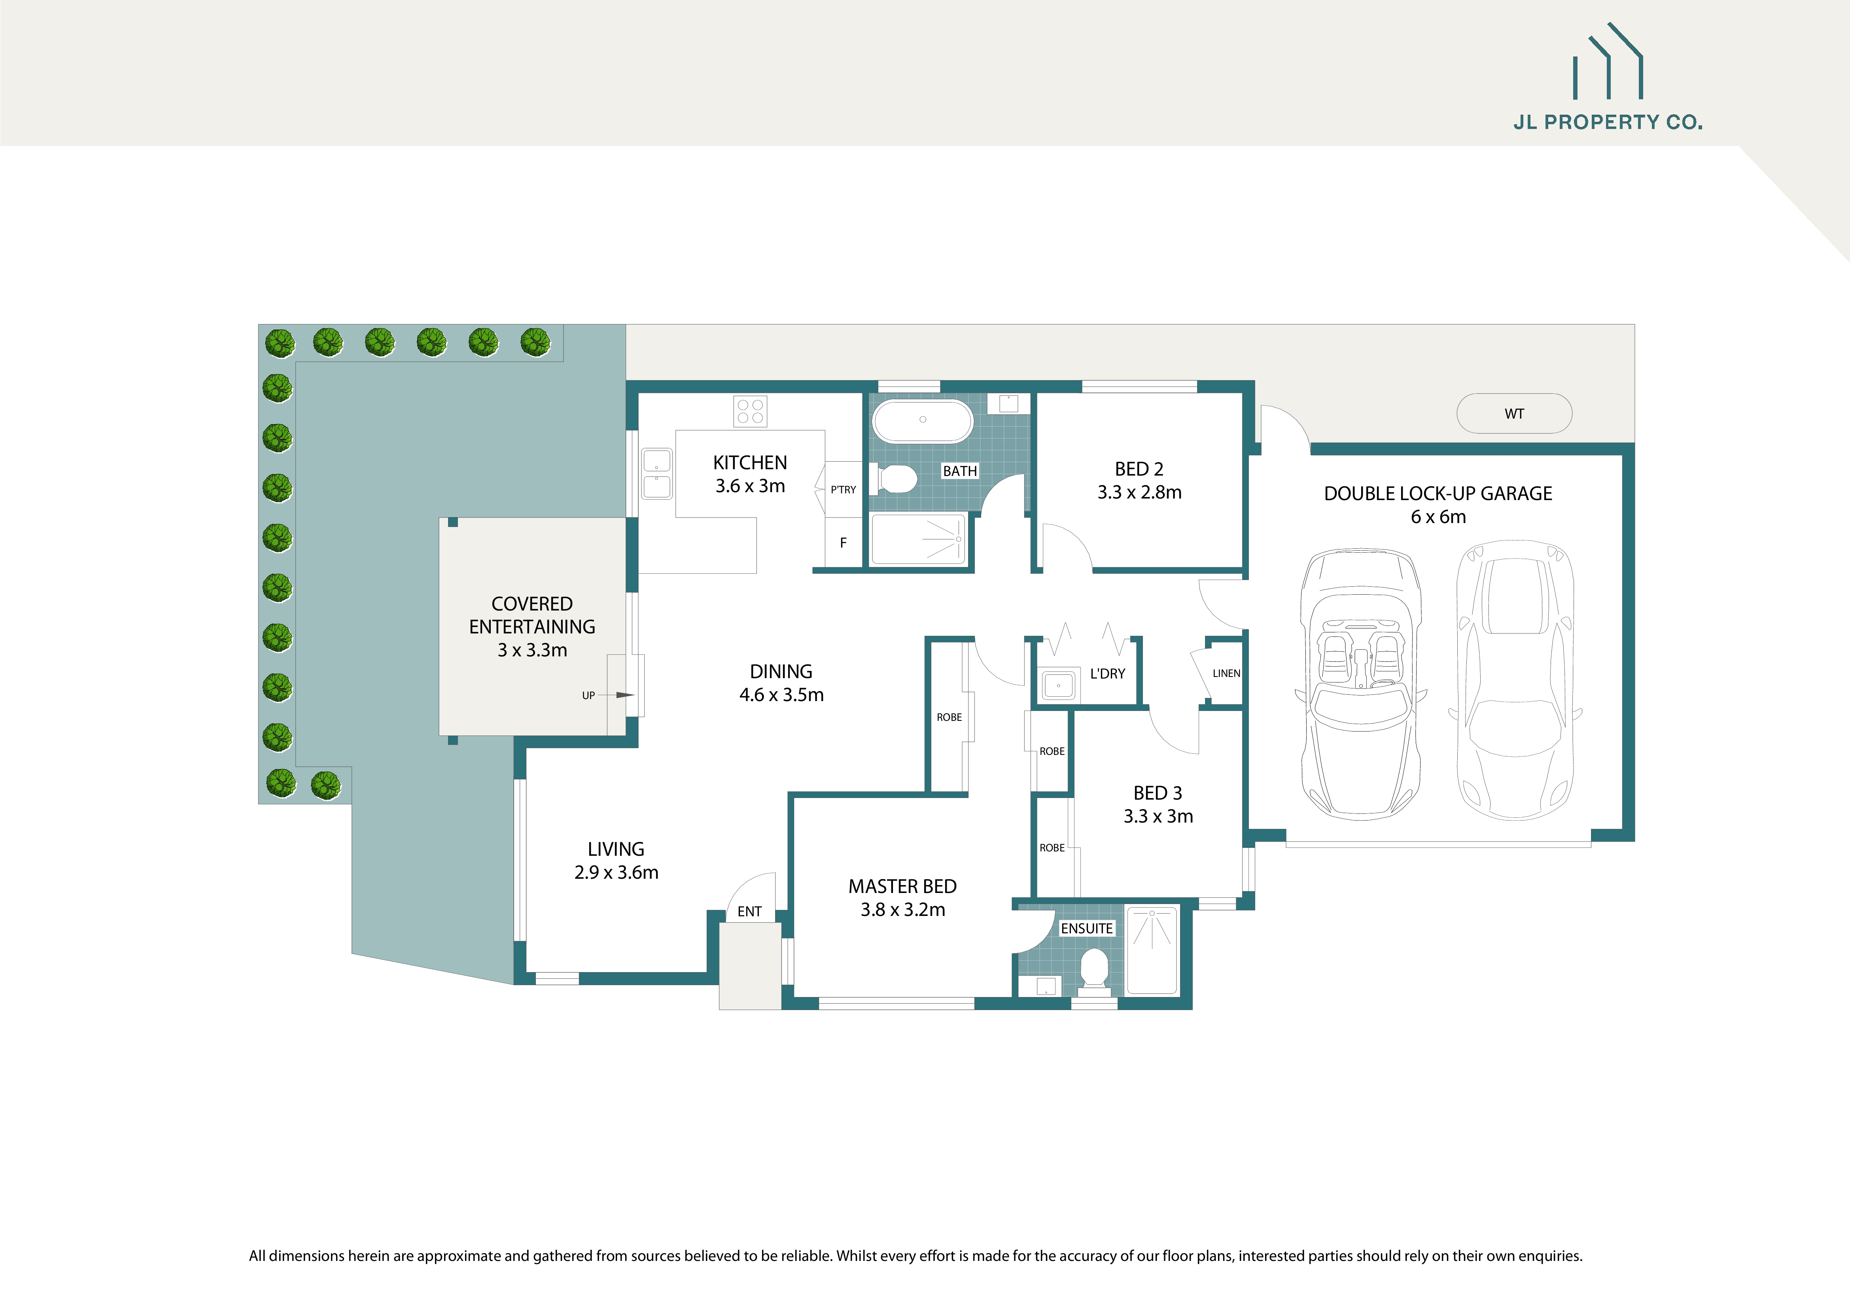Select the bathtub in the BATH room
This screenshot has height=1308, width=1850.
pyautogui.click(x=923, y=420)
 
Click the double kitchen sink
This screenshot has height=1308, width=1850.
pyautogui.click(x=657, y=474)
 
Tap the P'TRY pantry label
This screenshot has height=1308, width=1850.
pyautogui.click(x=843, y=489)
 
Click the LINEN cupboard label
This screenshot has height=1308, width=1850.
pyautogui.click(x=1226, y=673)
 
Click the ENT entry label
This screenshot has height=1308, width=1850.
pyautogui.click(x=749, y=912)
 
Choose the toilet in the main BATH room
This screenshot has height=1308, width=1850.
pyautogui.click(x=896, y=479)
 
